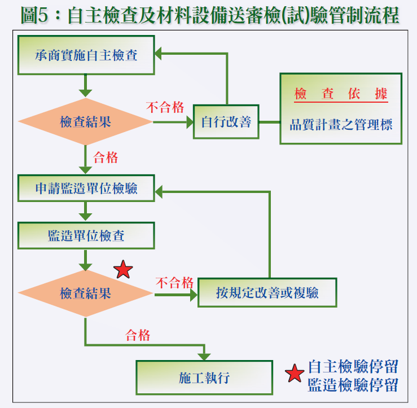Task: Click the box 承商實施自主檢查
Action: (x=86, y=55)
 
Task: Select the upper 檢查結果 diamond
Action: (x=86, y=122)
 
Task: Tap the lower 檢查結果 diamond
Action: (x=86, y=293)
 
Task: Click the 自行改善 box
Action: (x=226, y=122)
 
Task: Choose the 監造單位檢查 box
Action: (x=86, y=235)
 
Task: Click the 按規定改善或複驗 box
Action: (x=267, y=293)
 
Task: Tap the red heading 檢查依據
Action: (x=341, y=94)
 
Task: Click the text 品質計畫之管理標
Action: (x=341, y=125)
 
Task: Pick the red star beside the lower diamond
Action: (x=123, y=270)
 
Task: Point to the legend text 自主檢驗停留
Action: (x=353, y=367)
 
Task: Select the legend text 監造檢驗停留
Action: (x=353, y=385)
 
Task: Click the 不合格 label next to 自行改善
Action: (x=165, y=107)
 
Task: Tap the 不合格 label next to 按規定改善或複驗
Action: (x=174, y=282)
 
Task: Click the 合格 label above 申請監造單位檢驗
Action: (x=106, y=157)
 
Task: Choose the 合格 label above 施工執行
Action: (x=138, y=335)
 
